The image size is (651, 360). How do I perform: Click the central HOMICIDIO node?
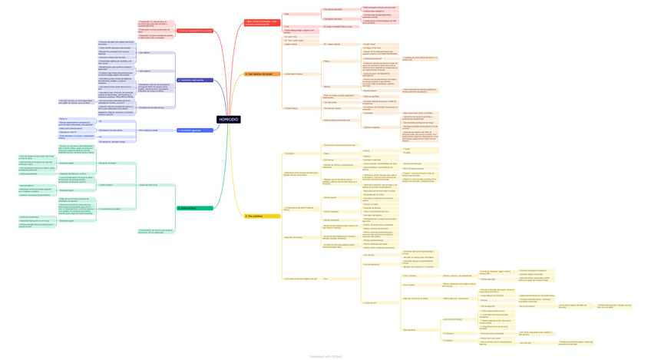pos(228,120)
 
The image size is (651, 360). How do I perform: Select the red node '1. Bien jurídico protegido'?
pos(262,23)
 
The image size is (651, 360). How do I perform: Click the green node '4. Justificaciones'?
pos(194,208)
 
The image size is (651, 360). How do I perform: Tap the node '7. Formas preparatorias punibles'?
pos(194,31)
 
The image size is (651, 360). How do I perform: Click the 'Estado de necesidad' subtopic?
pos(107,163)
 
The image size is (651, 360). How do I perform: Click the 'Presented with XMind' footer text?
pos(325,356)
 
